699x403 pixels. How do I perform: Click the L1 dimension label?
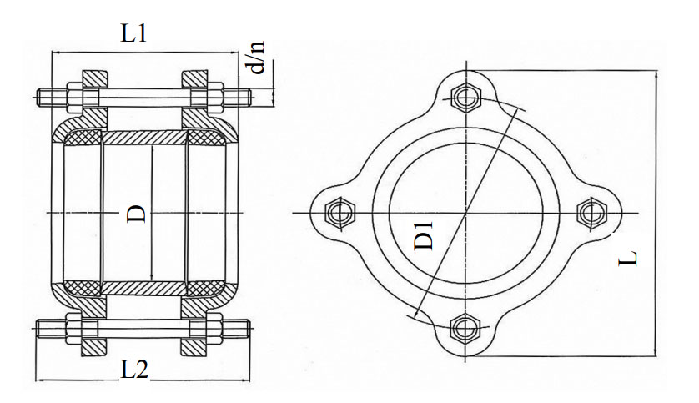click(133, 33)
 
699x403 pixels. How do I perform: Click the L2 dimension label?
click(134, 369)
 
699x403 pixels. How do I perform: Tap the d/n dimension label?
click(255, 57)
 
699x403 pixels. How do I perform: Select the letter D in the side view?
click(137, 214)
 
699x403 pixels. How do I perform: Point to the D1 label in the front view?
click(424, 235)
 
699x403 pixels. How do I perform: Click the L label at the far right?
click(628, 258)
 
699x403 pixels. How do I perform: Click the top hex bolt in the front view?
click(465, 96)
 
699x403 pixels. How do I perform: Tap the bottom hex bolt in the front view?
click(465, 329)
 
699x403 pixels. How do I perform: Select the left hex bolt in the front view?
click(340, 212)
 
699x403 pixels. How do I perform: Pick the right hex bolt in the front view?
click(591, 212)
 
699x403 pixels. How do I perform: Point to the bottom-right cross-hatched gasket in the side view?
click(205, 288)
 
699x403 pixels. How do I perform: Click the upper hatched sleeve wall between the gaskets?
click(144, 138)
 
